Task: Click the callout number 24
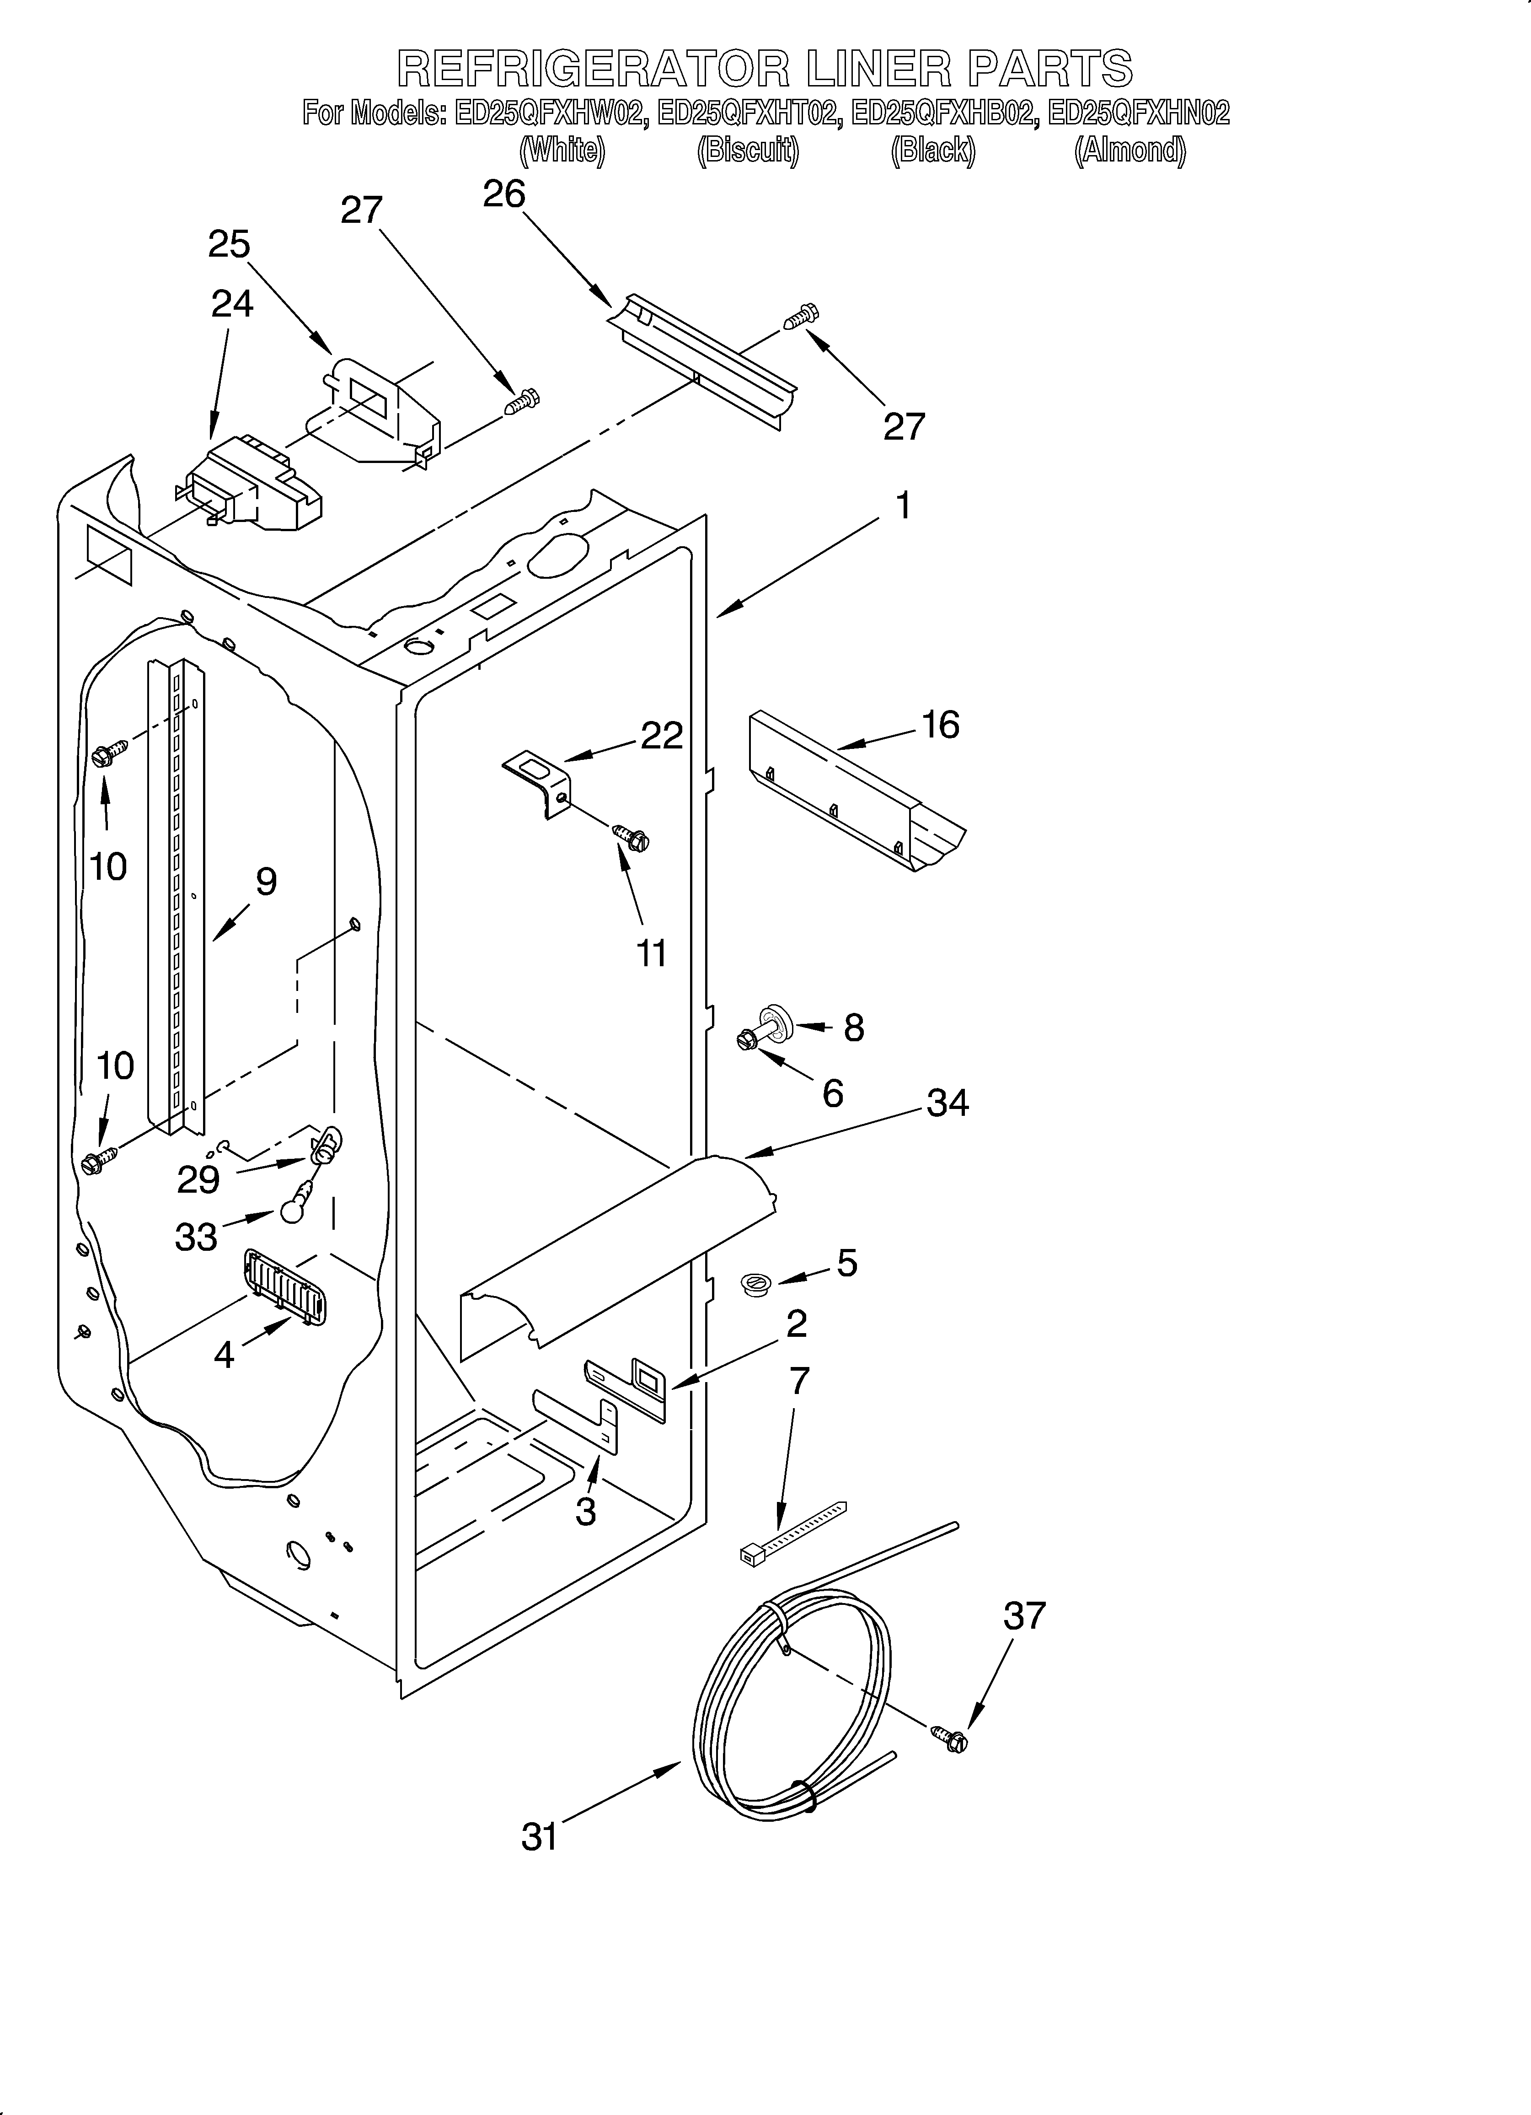coord(231,304)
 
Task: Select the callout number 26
coord(504,194)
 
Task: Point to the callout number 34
coord(948,1103)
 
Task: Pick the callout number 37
coord(1025,1615)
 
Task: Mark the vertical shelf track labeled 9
coord(175,895)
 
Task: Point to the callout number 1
coord(902,506)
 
